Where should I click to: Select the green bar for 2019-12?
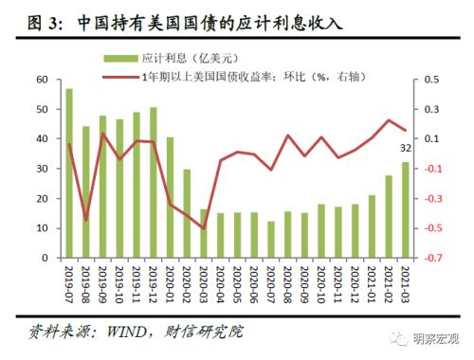pos(154,182)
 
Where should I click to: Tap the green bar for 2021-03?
pos(406,209)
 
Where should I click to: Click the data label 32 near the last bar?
pos(406,149)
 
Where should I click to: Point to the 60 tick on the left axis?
pos(42,80)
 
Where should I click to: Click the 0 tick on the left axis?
pos(45,258)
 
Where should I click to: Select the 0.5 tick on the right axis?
pos(431,80)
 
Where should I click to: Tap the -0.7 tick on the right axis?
pos(431,258)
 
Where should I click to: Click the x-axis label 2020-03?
pos(205,284)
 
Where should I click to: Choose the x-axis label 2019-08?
pos(86,284)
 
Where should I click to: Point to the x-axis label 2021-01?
pos(373,284)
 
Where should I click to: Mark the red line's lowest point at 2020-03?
pos(204,228)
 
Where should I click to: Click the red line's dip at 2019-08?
pos(86,220)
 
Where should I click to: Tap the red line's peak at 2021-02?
pos(389,120)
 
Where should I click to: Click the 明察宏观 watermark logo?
pos(397,338)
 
